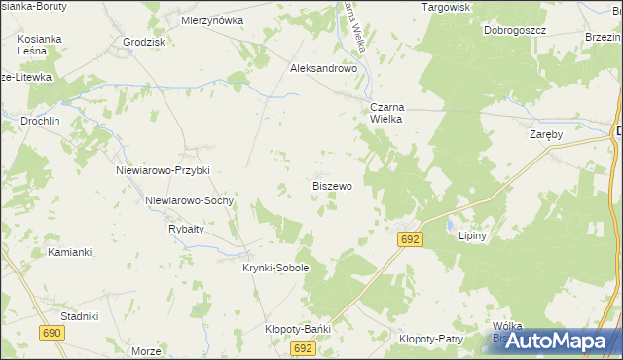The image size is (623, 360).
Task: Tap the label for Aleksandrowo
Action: (x=325, y=69)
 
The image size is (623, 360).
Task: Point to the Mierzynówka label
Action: (x=212, y=19)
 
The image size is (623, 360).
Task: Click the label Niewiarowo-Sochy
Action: (x=189, y=200)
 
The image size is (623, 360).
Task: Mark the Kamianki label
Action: (x=69, y=252)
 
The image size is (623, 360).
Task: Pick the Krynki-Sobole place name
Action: (x=275, y=268)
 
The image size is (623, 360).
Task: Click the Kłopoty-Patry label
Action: (x=430, y=339)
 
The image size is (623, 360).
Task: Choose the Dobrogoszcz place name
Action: (x=515, y=30)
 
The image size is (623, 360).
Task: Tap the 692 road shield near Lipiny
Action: (x=410, y=238)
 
